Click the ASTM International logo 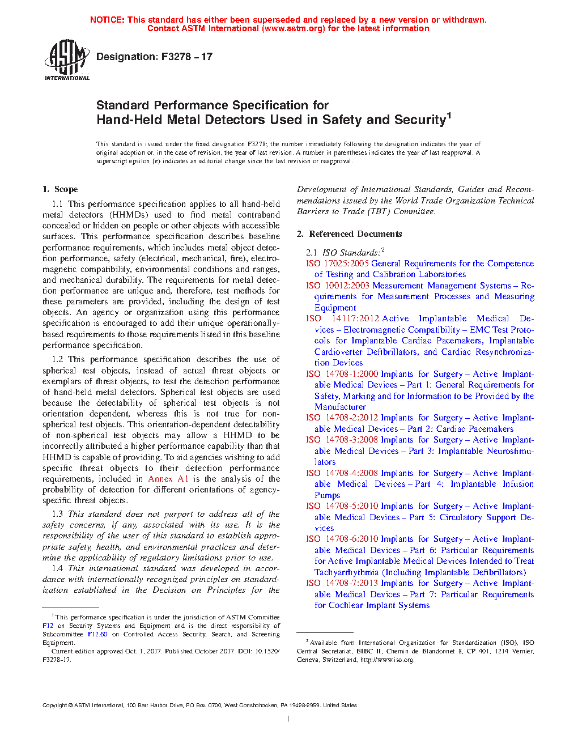[x=67, y=59]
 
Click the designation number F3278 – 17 [x=186, y=57]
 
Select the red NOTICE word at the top [x=107, y=20]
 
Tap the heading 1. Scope [x=60, y=189]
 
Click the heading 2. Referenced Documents [x=350, y=234]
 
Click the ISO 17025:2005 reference [x=337, y=263]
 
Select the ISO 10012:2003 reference [x=337, y=286]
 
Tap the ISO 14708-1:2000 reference [x=342, y=374]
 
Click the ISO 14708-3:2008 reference [x=342, y=440]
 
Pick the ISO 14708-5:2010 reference [x=342, y=506]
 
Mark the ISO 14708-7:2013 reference [x=342, y=583]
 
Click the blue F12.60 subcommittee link [x=97, y=634]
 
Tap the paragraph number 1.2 [x=57, y=359]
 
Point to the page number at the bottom [x=288, y=719]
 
